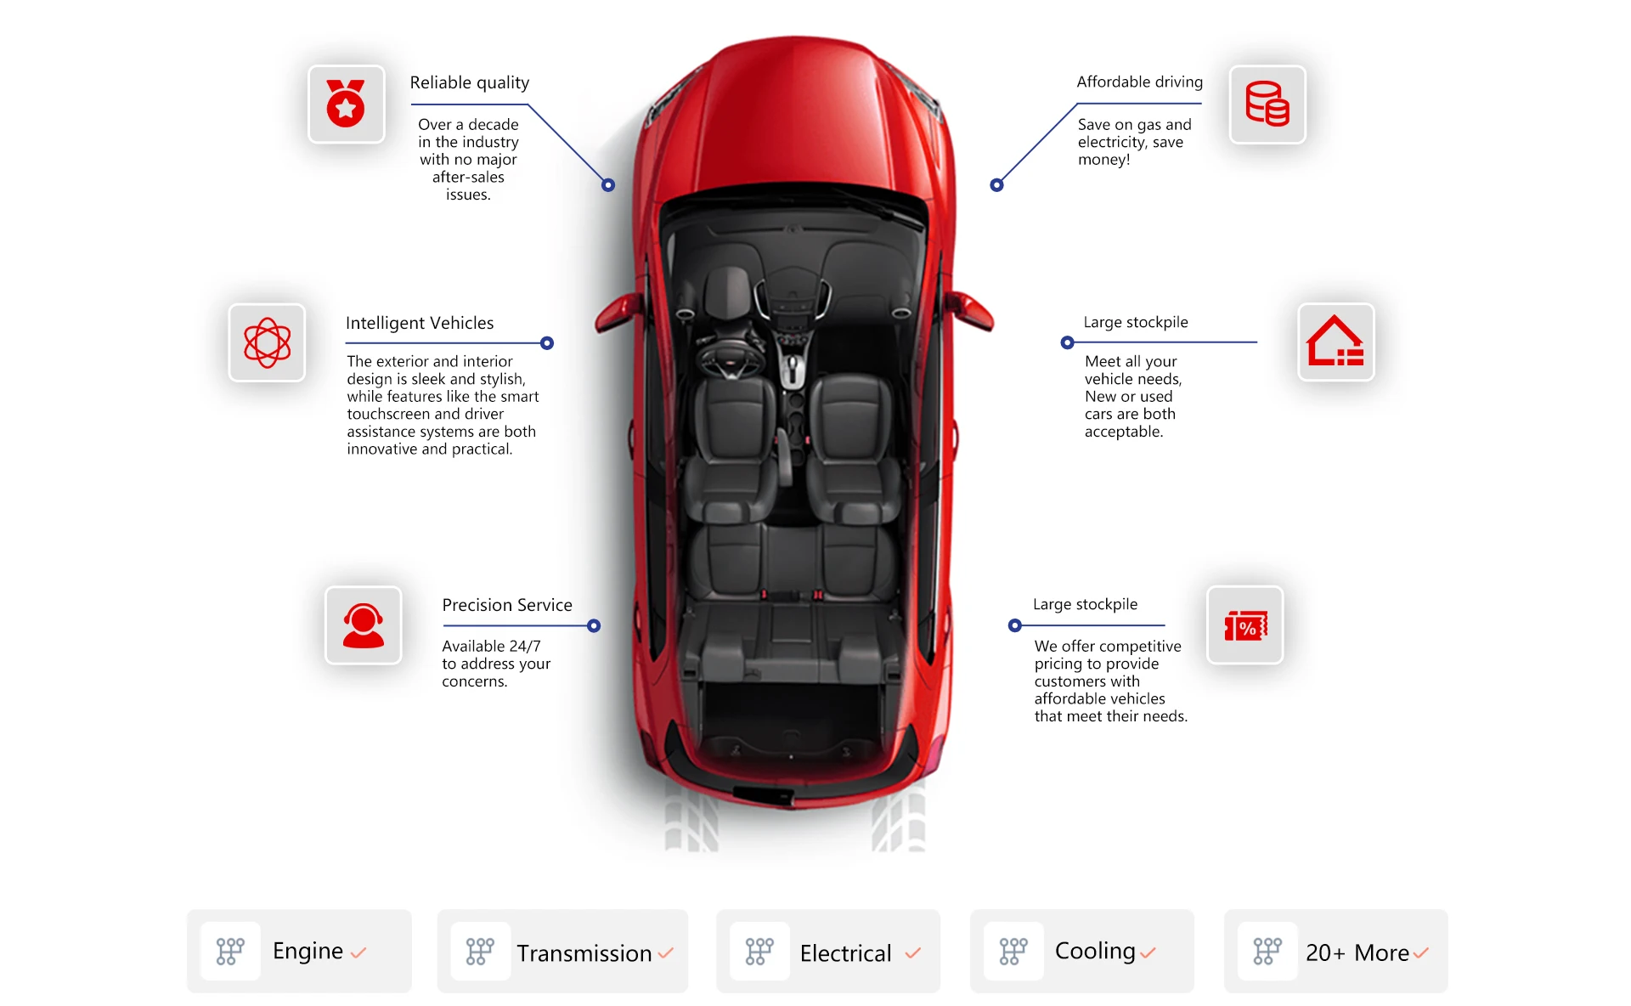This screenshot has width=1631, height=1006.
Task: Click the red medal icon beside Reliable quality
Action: tap(346, 105)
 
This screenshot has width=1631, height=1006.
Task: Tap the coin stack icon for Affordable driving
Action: tap(1267, 105)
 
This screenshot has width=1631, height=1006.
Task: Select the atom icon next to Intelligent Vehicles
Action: tap(267, 342)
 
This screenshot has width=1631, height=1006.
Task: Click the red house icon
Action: tap(1335, 342)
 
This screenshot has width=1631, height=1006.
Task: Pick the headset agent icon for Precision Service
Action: tap(363, 625)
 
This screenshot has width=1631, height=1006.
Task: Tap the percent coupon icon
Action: tap(1245, 626)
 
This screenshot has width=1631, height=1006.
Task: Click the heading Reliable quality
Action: tap(469, 82)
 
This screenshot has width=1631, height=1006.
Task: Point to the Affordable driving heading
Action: tap(1139, 82)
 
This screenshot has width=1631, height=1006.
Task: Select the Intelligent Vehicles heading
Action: tap(419, 323)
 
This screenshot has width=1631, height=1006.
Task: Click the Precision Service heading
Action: tap(506, 605)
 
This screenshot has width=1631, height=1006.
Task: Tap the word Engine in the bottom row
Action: tap(308, 951)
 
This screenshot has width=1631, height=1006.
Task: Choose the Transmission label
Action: tap(584, 953)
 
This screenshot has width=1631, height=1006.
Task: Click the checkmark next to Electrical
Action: tap(913, 953)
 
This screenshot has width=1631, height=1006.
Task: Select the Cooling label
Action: tap(1094, 951)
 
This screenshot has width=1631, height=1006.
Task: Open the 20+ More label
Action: tap(1357, 953)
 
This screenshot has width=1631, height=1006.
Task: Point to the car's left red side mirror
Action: tap(618, 312)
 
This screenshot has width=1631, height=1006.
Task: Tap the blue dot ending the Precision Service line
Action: tap(594, 626)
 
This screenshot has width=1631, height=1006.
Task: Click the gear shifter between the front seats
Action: tap(793, 370)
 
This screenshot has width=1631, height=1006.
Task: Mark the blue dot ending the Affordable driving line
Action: tap(996, 185)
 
